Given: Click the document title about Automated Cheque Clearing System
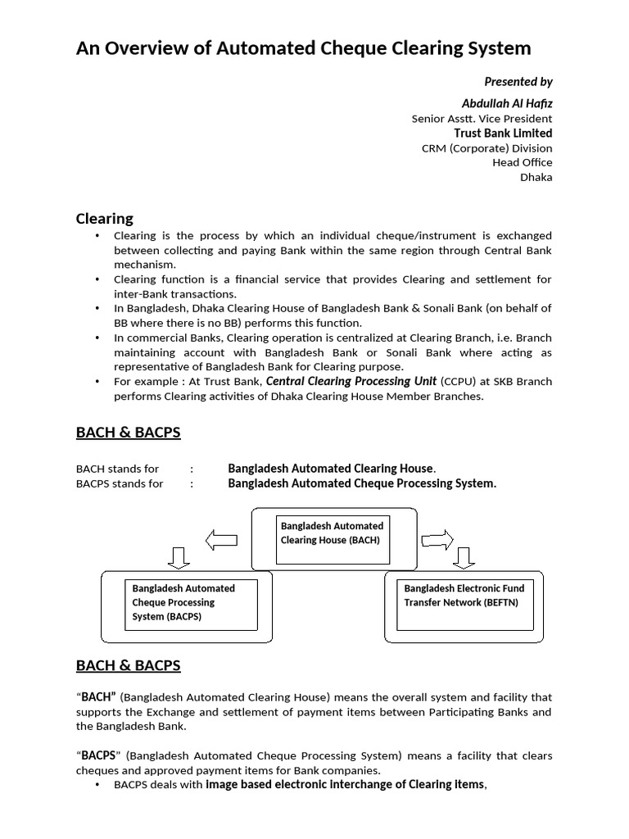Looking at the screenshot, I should coord(303,48).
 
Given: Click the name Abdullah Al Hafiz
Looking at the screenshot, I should coord(507,102).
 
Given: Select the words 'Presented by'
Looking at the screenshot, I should coord(518,81).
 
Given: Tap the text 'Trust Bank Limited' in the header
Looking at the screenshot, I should coord(503,133).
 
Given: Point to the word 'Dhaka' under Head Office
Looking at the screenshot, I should coord(536,177).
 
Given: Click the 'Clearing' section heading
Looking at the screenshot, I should coord(104,219).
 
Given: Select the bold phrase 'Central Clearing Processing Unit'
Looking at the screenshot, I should coord(351,381).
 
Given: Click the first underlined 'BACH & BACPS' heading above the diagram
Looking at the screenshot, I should coord(128,433).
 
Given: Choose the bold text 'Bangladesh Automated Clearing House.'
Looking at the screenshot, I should coord(332,469).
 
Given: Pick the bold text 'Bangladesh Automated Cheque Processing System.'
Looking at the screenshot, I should coord(362,483).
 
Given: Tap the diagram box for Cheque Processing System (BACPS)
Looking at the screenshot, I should coord(191,603).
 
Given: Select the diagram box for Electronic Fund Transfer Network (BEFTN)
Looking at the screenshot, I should coord(464,603).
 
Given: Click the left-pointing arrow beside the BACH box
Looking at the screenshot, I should coord(220,539).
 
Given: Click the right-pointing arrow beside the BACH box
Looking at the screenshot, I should coord(437,538).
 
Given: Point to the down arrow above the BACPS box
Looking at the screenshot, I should coord(179,559).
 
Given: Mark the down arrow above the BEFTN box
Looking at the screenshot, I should coord(464,559).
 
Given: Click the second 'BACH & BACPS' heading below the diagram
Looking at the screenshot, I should coord(128,665).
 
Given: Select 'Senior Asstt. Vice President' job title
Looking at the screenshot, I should coord(482,119).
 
